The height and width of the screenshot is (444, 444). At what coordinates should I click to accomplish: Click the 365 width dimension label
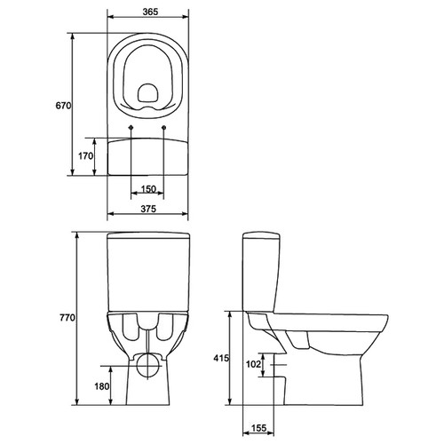point(150,12)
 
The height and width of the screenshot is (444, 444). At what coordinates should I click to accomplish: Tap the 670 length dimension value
point(63,106)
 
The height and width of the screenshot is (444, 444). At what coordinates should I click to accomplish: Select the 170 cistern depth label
point(86,155)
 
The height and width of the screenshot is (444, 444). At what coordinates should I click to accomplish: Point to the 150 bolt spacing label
point(148,189)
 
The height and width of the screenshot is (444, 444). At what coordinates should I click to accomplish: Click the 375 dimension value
point(148,209)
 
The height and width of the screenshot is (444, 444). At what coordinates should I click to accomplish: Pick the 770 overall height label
point(67,318)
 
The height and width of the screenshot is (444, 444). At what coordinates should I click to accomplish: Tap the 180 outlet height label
point(102,386)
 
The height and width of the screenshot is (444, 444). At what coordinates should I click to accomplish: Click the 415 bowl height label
point(221,358)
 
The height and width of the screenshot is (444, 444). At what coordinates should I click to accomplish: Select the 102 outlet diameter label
point(254,364)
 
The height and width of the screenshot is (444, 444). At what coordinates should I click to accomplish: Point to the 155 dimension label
point(258,428)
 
